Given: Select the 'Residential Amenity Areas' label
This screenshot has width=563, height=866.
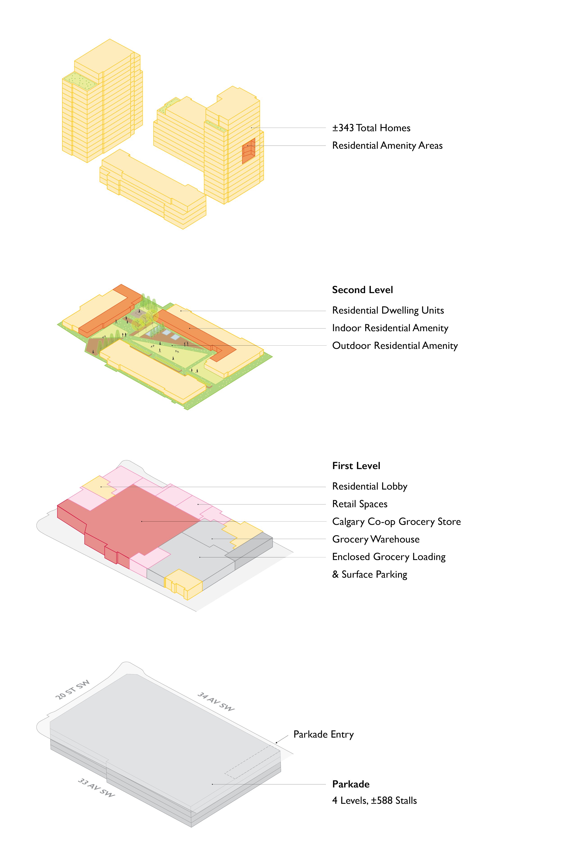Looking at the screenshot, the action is tap(387, 146).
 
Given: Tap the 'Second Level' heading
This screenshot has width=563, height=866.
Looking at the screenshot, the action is tap(363, 290).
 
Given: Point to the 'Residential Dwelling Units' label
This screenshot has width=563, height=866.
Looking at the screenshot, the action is tap(388, 310).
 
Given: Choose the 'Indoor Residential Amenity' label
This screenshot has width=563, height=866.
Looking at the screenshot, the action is tap(390, 328).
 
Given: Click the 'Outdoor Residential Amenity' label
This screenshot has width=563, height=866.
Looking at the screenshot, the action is tap(395, 346).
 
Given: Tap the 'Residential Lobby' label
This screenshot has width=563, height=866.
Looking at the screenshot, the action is tap(370, 486).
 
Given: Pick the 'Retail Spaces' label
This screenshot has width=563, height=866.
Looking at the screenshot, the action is tap(360, 504).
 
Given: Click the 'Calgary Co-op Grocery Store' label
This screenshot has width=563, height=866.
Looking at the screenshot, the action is tap(396, 522).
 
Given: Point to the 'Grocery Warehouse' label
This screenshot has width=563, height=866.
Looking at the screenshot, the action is tap(376, 539).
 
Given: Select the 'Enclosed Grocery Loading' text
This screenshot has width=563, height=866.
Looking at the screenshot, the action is tap(389, 557).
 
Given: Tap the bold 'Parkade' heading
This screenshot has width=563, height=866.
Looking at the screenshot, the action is tap(351, 784).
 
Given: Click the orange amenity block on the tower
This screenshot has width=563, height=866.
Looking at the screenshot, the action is tap(249, 151).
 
